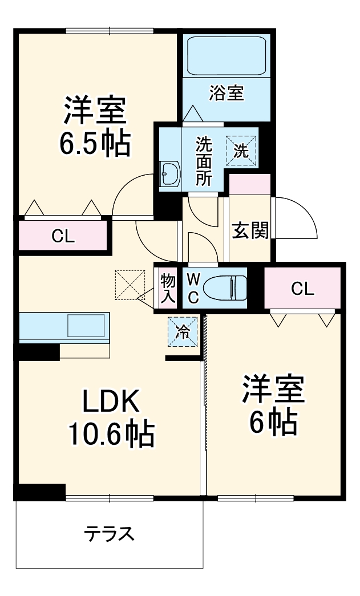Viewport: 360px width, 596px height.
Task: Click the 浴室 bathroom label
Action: [x=226, y=94]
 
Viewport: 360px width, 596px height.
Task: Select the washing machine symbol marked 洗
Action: [x=242, y=151]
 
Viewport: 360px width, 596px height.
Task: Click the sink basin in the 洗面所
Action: [x=170, y=174]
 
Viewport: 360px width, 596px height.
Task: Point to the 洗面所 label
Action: [x=204, y=161]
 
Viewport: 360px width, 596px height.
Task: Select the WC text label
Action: [x=193, y=289]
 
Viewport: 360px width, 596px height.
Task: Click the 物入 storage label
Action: [x=167, y=288]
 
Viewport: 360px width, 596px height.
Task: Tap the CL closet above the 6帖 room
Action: [x=302, y=289]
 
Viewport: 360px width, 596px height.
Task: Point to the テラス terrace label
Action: [x=109, y=534]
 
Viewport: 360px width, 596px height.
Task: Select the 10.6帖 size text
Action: [x=111, y=435]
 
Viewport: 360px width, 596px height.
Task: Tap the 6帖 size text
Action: [x=272, y=421]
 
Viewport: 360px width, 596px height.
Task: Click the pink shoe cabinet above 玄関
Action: [x=249, y=185]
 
